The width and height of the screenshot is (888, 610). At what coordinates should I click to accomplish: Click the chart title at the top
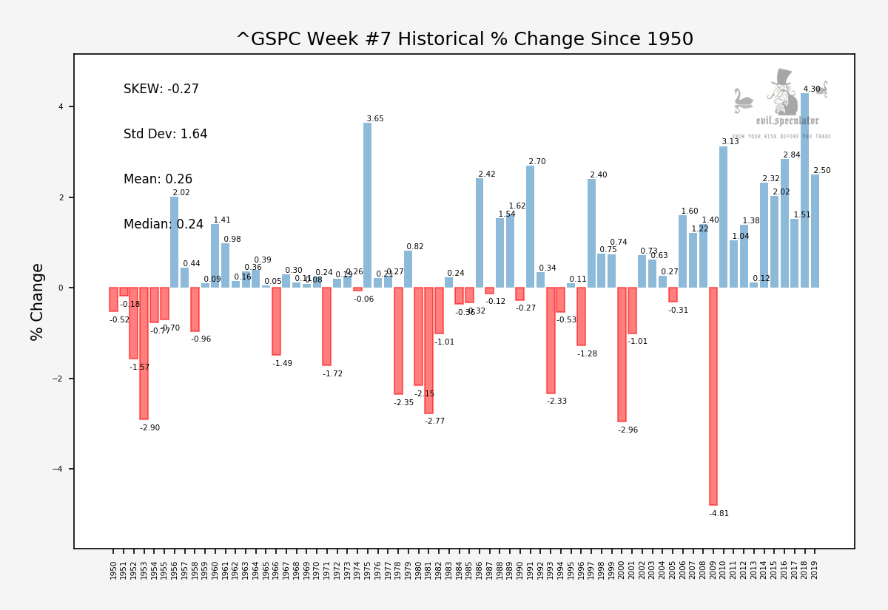[464, 40]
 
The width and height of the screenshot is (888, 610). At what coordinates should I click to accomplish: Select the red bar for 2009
[713, 396]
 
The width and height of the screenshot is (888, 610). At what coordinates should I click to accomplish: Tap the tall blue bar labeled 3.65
[367, 205]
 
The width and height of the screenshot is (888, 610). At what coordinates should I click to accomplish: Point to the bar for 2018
[804, 190]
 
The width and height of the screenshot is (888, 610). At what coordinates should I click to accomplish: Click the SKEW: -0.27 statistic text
[161, 89]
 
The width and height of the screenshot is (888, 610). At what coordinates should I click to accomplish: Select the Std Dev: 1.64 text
[165, 135]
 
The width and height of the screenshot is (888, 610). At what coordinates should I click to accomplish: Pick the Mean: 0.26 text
[158, 180]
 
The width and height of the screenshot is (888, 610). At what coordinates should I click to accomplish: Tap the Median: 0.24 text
[163, 225]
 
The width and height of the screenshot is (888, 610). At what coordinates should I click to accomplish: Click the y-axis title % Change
[38, 302]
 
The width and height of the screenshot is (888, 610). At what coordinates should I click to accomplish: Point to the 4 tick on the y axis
[61, 107]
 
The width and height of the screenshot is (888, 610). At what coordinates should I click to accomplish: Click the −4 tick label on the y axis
[59, 469]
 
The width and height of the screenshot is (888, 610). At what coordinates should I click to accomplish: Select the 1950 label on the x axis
[113, 569]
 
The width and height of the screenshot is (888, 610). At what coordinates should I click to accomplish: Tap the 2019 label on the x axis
[815, 569]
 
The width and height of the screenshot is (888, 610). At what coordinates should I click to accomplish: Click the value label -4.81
[719, 514]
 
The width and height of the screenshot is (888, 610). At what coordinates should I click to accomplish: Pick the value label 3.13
[730, 142]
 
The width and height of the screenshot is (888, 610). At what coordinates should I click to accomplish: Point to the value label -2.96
[628, 430]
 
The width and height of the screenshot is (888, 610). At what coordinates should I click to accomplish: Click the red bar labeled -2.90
[144, 353]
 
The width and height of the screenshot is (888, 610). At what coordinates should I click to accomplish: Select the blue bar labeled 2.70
[530, 226]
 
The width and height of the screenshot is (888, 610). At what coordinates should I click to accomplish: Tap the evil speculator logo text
[787, 121]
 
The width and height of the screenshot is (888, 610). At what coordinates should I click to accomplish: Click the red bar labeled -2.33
[551, 340]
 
